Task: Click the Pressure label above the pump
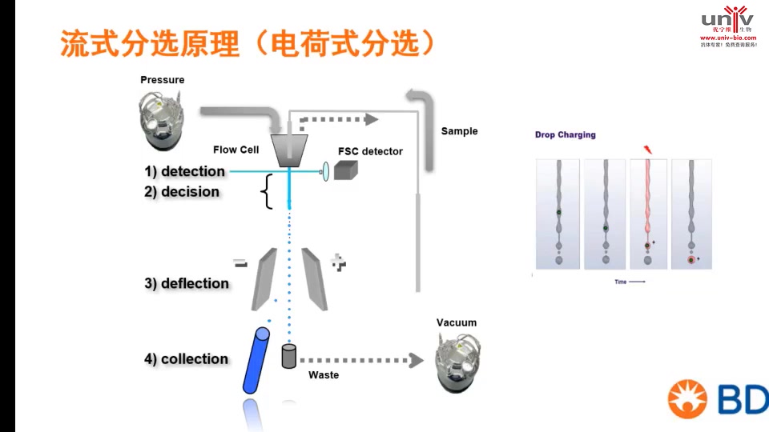click(162, 80)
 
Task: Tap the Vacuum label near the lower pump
click(456, 323)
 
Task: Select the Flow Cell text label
click(236, 150)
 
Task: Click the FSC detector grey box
click(346, 170)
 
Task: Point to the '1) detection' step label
click(185, 171)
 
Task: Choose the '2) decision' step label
click(182, 192)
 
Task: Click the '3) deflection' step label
click(187, 283)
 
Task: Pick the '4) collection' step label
click(186, 359)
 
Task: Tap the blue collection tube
click(256, 360)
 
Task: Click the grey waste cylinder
click(289, 356)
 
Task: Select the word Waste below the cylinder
click(324, 375)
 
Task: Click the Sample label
click(459, 131)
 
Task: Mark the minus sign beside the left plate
click(240, 262)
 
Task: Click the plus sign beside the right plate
click(339, 262)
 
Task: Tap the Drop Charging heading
click(565, 135)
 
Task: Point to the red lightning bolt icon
click(647, 150)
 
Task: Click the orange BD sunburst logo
click(690, 400)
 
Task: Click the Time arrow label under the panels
click(629, 282)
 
